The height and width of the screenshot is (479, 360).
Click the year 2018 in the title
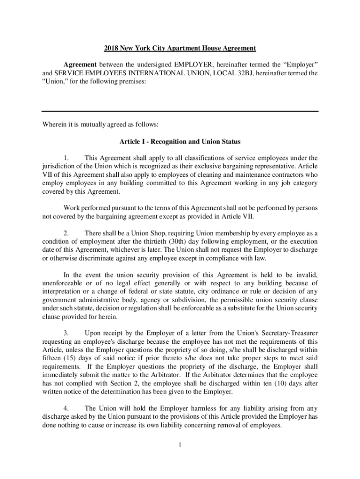click(x=112, y=49)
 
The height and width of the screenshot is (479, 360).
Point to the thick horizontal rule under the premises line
click(x=180, y=111)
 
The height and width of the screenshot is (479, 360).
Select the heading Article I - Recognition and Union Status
click(x=180, y=141)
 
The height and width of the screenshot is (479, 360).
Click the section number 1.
click(x=66, y=158)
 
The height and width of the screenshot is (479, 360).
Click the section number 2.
click(x=66, y=233)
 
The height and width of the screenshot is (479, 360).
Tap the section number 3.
click(x=66, y=333)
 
